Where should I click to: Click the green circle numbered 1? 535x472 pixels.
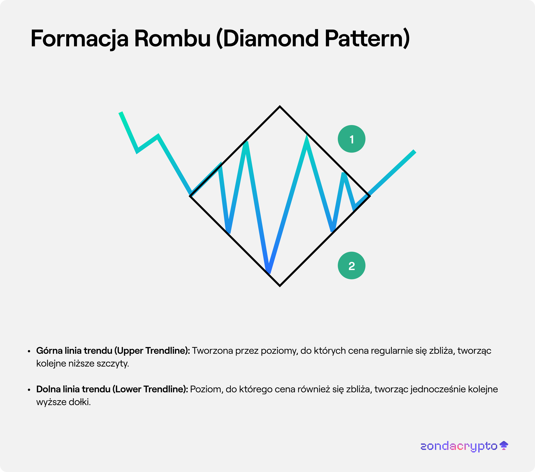352,139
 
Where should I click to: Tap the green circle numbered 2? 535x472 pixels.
352,265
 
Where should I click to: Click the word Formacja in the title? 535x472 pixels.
80,39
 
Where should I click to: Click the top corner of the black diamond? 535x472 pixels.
280,106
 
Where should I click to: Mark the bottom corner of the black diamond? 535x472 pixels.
280,286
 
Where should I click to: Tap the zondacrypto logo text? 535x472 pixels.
459,446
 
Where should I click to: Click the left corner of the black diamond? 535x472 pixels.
190,196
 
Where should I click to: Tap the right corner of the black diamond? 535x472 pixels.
369,196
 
